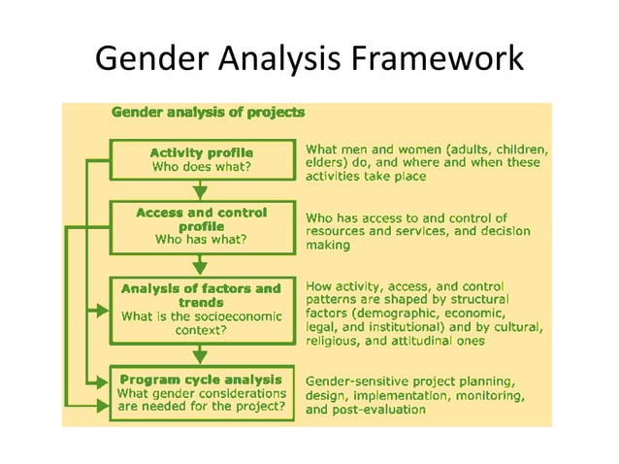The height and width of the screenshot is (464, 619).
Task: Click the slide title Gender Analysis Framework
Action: (x=309, y=59)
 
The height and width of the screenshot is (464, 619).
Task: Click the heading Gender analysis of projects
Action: (x=209, y=113)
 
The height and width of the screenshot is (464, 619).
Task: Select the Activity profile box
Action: (x=202, y=160)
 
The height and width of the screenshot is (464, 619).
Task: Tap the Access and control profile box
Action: (x=202, y=225)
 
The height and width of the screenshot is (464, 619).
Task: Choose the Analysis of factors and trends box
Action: (x=202, y=310)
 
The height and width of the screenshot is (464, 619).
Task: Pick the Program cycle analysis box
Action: (x=202, y=393)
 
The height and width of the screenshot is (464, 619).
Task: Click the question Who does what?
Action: (x=202, y=167)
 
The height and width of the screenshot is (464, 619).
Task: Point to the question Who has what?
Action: (x=202, y=239)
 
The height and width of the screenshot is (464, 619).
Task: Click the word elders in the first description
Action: (x=326, y=164)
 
